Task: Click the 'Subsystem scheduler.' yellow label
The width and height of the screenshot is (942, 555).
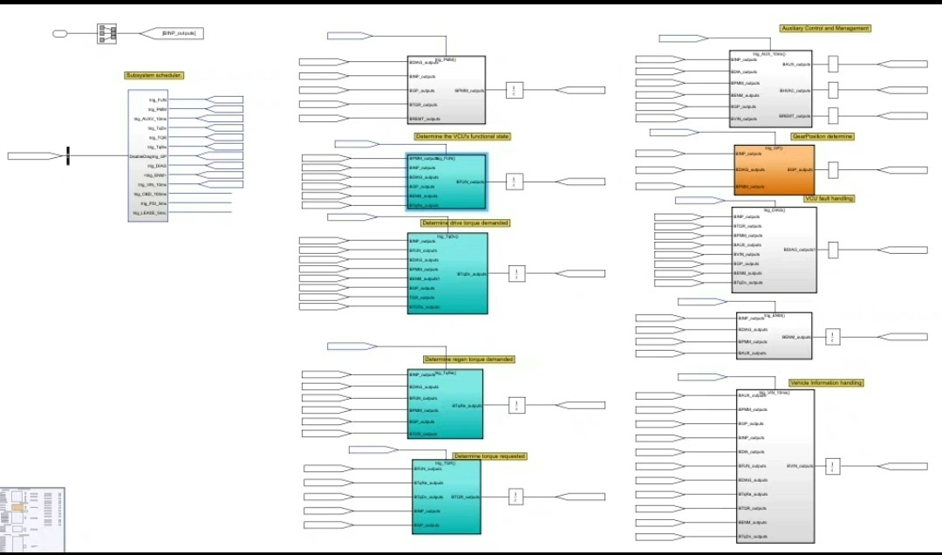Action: click(154, 76)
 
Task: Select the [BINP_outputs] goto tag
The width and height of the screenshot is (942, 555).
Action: click(180, 33)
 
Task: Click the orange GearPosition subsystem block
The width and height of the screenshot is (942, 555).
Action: click(774, 169)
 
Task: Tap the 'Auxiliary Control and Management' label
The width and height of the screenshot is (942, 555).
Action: click(824, 29)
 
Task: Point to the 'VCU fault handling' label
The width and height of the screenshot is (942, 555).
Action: click(829, 199)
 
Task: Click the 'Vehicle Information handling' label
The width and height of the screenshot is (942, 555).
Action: click(826, 383)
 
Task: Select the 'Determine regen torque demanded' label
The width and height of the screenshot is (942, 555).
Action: click(468, 360)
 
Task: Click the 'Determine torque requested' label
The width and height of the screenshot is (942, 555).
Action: click(489, 456)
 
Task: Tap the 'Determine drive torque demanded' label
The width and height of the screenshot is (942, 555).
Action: click(465, 223)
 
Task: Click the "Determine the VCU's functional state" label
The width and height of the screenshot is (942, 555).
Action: click(461, 136)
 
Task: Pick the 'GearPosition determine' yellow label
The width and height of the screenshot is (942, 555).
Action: click(822, 137)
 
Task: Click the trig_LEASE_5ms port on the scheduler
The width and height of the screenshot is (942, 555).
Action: click(150, 213)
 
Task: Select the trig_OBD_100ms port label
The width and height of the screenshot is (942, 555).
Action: click(150, 194)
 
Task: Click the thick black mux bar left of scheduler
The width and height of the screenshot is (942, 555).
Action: click(68, 156)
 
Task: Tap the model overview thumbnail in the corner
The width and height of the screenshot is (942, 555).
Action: click(32, 520)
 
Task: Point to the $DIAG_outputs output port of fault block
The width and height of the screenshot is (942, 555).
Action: click(799, 250)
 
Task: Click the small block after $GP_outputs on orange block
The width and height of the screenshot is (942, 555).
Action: click(833, 170)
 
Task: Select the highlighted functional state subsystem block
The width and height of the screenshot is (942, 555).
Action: click(446, 182)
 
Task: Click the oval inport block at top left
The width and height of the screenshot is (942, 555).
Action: click(60, 34)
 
